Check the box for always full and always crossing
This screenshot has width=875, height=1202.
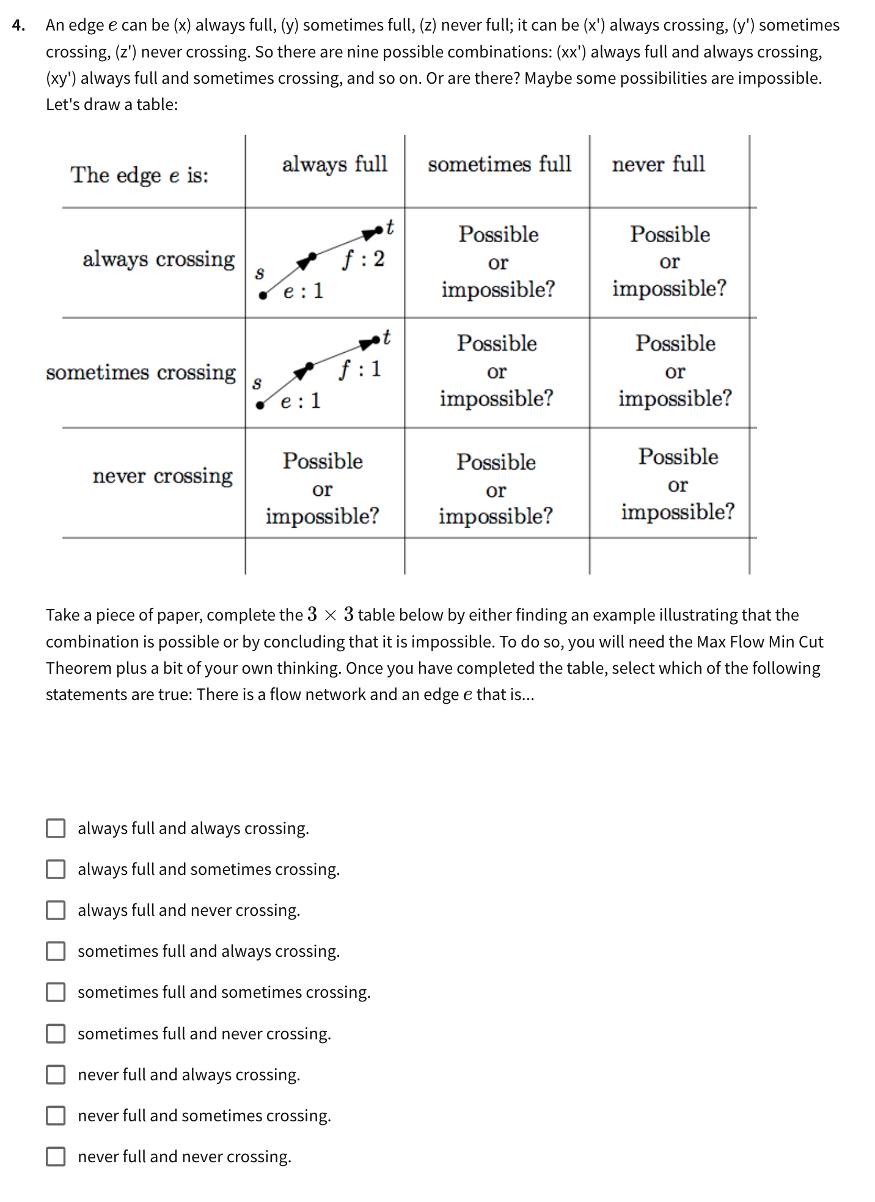point(56,828)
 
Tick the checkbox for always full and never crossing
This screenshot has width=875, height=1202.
point(56,910)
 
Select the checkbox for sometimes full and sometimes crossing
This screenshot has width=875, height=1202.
point(56,992)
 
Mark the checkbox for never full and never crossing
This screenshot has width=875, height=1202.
point(56,1157)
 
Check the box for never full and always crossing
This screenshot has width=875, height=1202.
point(56,1075)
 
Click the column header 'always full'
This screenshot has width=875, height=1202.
point(334,164)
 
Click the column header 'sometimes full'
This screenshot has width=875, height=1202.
point(499,164)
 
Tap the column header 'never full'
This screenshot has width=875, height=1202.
point(658,164)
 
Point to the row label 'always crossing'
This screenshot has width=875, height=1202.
point(158,259)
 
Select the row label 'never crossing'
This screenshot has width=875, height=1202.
point(163,476)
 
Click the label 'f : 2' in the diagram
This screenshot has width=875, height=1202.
point(363,259)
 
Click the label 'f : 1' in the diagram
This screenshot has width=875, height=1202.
point(360,369)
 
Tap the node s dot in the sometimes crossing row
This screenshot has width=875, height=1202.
point(260,405)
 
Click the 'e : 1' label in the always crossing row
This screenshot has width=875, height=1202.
point(303,291)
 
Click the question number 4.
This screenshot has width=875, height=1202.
point(18,26)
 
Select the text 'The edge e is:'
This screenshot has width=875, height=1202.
point(139,175)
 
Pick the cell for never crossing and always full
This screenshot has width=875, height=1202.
point(323,489)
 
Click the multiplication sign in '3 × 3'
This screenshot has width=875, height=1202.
point(330,615)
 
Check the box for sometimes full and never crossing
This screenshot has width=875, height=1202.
point(56,1034)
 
